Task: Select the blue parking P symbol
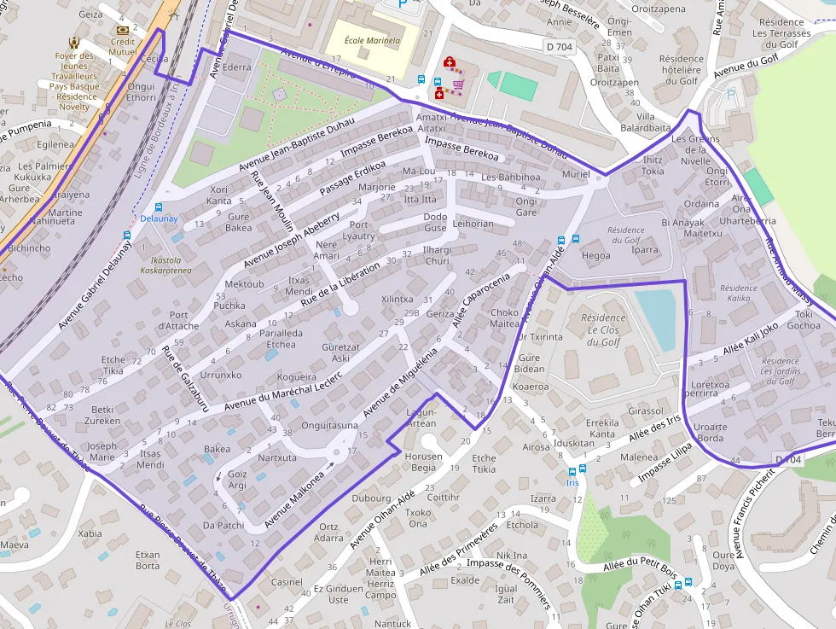tap(403, 4)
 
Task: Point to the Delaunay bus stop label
tap(159, 218)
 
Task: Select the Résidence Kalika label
tap(734, 294)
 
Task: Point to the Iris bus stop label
tap(572, 482)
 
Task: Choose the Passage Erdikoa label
tap(352, 177)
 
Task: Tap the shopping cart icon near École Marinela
tap(458, 84)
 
